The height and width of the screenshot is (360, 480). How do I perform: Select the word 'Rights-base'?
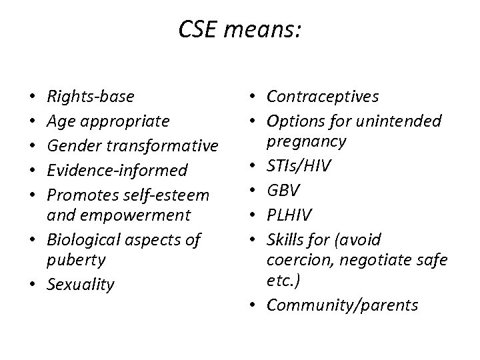[90, 97]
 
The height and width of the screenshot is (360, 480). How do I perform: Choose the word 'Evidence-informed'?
[117, 170]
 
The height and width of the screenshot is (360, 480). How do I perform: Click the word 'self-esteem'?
[171, 195]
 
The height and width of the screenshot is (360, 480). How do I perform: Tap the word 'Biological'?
[79, 239]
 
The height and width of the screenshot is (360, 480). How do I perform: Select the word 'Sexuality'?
[81, 285]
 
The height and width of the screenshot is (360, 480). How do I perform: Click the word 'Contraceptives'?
[323, 97]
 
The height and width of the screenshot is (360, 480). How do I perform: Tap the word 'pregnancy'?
[306, 141]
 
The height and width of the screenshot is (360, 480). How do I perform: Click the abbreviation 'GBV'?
[283, 190]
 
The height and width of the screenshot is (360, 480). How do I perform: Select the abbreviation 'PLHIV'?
[289, 215]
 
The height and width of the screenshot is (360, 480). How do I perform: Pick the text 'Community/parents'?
[342, 305]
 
